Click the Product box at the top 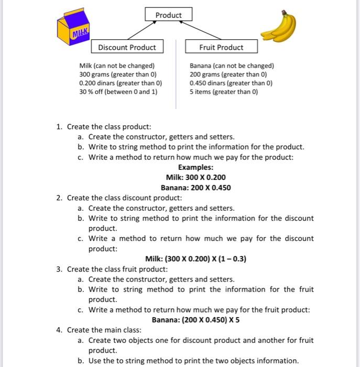pos(168,15)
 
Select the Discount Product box pos(127,47)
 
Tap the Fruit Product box pos(221,47)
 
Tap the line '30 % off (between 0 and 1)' pos(118,91)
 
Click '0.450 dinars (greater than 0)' pos(231,83)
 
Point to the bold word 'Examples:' pos(195,167)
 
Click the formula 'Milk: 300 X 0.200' pos(195,177)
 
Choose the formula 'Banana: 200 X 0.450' pos(195,188)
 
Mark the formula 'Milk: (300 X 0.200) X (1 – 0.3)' pos(195,259)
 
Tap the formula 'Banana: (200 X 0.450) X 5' pos(195,320)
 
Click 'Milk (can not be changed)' pos(117,66)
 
